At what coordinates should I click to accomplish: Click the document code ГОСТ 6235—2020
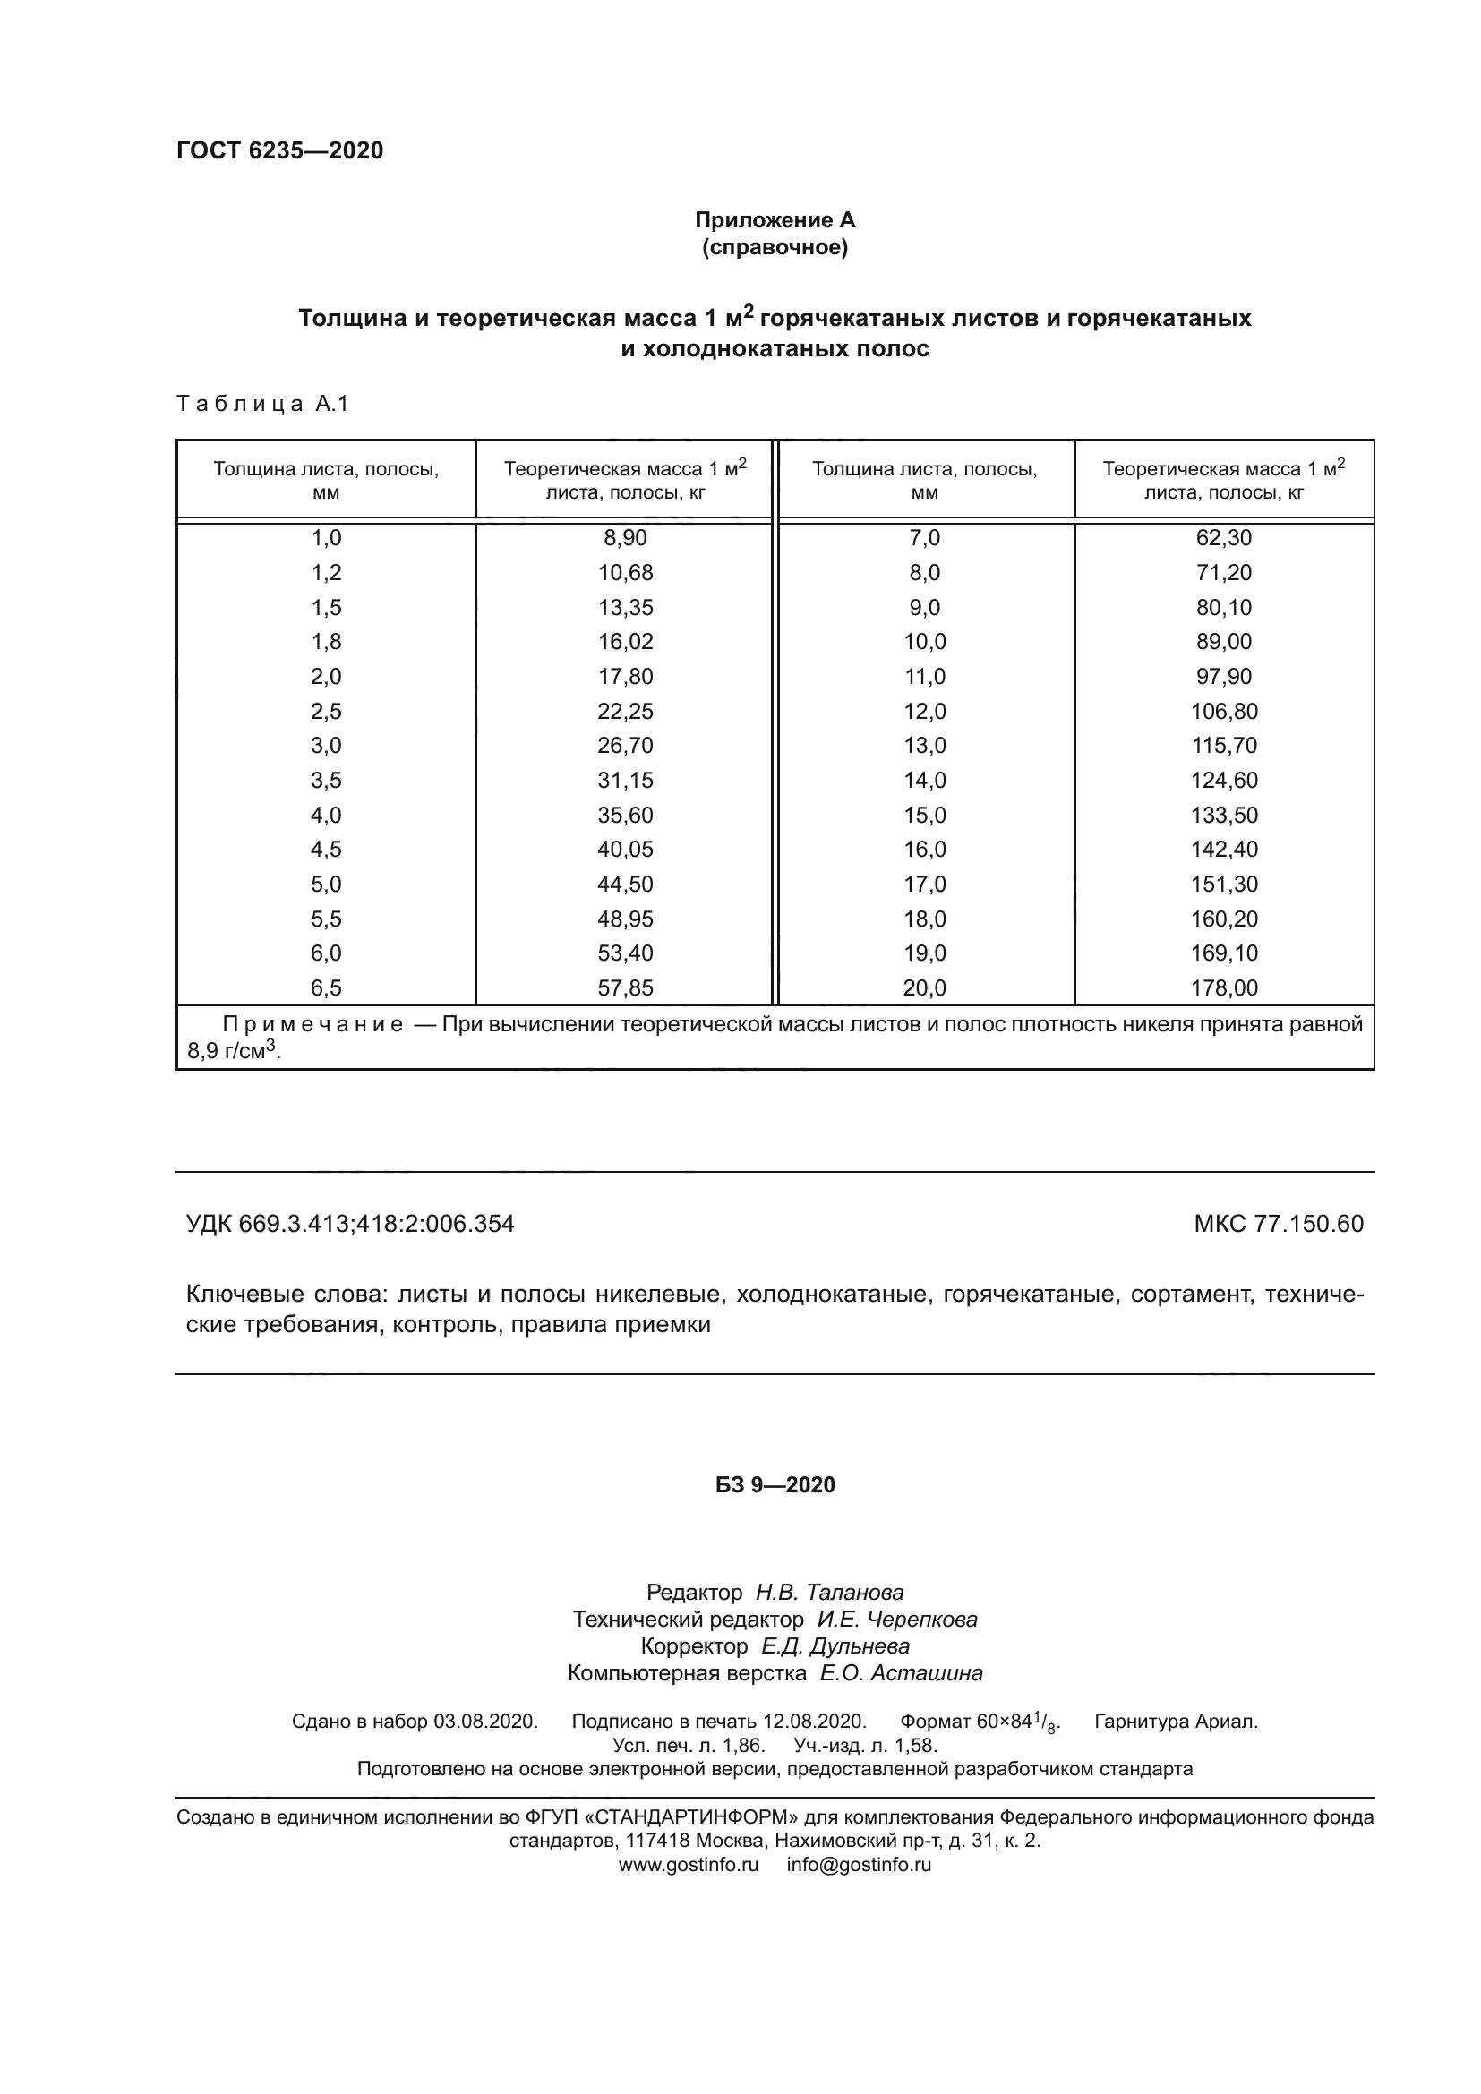tap(280, 150)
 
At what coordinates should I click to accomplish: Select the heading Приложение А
tap(775, 220)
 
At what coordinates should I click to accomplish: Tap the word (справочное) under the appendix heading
tap(775, 247)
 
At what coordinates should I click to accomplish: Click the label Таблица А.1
tap(262, 404)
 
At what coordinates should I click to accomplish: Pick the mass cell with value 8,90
tap(625, 538)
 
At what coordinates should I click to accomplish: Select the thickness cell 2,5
tap(327, 712)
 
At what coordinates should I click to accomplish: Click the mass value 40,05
tap(625, 850)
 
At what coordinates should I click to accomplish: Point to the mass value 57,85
tap(625, 987)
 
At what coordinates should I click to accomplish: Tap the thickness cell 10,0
tap(925, 642)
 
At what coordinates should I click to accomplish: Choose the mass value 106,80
tap(1224, 712)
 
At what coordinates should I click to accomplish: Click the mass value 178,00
tap(1224, 987)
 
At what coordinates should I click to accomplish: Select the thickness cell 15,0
tap(925, 816)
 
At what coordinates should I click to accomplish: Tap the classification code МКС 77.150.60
tap(1279, 1224)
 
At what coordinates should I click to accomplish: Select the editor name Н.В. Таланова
tap(829, 1594)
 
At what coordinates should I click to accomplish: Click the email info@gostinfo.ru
tap(859, 1865)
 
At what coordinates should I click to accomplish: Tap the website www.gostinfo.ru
tap(689, 1865)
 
